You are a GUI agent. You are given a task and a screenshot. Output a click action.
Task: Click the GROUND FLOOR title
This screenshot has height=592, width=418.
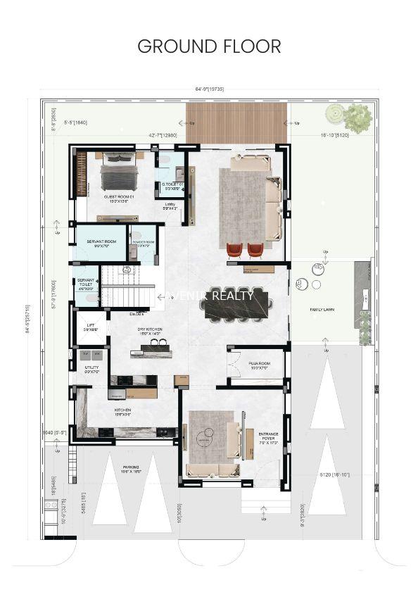click(x=209, y=46)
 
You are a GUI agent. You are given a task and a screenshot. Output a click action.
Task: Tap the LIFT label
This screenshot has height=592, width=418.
click(x=89, y=327)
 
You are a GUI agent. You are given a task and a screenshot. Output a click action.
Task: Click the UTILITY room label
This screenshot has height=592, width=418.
click(x=91, y=369)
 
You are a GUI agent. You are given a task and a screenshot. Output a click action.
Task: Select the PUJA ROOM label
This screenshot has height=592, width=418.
click(x=258, y=365)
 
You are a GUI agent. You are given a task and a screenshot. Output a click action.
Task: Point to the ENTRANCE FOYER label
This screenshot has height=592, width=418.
click(x=268, y=438)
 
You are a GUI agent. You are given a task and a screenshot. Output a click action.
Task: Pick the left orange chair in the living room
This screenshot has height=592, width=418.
click(x=234, y=250)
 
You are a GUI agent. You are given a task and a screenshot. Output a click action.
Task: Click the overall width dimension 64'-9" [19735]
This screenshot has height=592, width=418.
click(x=209, y=89)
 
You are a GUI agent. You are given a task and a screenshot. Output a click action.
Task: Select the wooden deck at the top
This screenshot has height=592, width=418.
click(x=236, y=122)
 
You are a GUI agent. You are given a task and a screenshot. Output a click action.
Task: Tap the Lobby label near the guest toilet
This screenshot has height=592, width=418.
click(x=170, y=206)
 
